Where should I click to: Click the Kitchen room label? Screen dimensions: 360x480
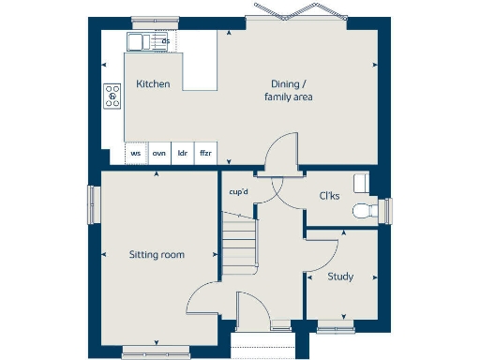153,84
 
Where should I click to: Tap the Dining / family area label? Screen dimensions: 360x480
286,90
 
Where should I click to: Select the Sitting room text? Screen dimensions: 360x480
157,254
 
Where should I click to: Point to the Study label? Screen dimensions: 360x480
339,277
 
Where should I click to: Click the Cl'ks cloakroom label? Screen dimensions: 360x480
329,196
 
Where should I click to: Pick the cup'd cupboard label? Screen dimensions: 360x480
238,192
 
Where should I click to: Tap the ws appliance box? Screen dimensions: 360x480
136,153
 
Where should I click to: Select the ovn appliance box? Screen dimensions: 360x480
159,153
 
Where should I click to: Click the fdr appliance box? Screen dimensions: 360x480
183,153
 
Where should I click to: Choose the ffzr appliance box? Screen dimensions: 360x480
205,153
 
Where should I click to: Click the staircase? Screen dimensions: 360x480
238,242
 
